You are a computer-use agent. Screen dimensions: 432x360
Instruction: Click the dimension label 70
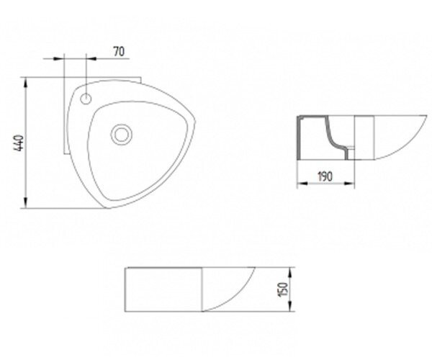point(119,52)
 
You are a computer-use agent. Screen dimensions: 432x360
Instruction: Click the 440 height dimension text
point(19,143)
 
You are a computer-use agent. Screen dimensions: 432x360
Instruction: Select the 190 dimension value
point(325,176)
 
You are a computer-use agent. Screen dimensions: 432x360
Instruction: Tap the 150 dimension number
point(283,289)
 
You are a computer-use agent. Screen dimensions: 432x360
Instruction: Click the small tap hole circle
point(86,99)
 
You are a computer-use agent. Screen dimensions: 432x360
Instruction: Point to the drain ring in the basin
point(122,135)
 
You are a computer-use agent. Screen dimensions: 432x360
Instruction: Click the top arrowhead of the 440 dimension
point(25,84)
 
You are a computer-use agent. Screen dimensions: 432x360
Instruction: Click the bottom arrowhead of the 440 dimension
point(25,202)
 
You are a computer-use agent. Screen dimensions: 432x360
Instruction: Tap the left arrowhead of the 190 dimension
point(303,183)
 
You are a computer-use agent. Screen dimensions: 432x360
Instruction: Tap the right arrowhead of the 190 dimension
point(349,183)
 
